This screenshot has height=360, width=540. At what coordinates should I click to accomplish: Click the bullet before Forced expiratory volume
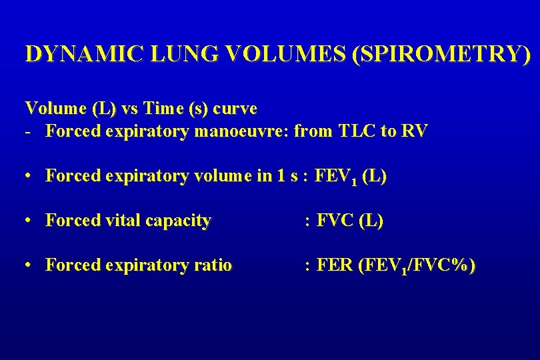[29, 177]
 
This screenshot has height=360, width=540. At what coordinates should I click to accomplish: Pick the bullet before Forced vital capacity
[29, 221]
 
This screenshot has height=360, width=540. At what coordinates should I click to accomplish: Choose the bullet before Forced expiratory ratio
[29, 265]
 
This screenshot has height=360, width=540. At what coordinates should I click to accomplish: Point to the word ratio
[213, 265]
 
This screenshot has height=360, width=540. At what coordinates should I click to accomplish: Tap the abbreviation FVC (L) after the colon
[351, 221]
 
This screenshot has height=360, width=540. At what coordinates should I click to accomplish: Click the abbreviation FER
[336, 265]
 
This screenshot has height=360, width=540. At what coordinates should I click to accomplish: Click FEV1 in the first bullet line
[337, 177]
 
